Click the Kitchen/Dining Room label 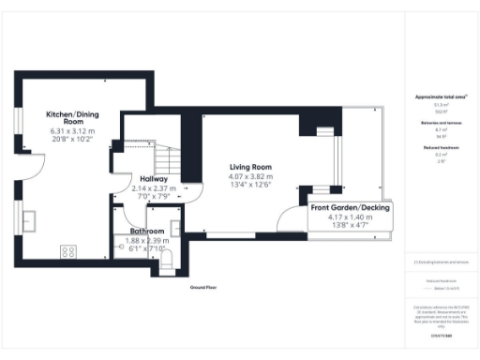coord(67,118)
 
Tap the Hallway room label coord(154,178)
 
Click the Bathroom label coord(148,231)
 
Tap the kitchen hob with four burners coord(69,251)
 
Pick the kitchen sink coord(30,221)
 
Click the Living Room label coord(250,167)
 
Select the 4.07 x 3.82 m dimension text coord(250,176)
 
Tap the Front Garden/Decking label coord(351,208)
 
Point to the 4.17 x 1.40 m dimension coord(351,217)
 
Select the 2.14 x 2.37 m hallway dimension coord(154,187)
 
